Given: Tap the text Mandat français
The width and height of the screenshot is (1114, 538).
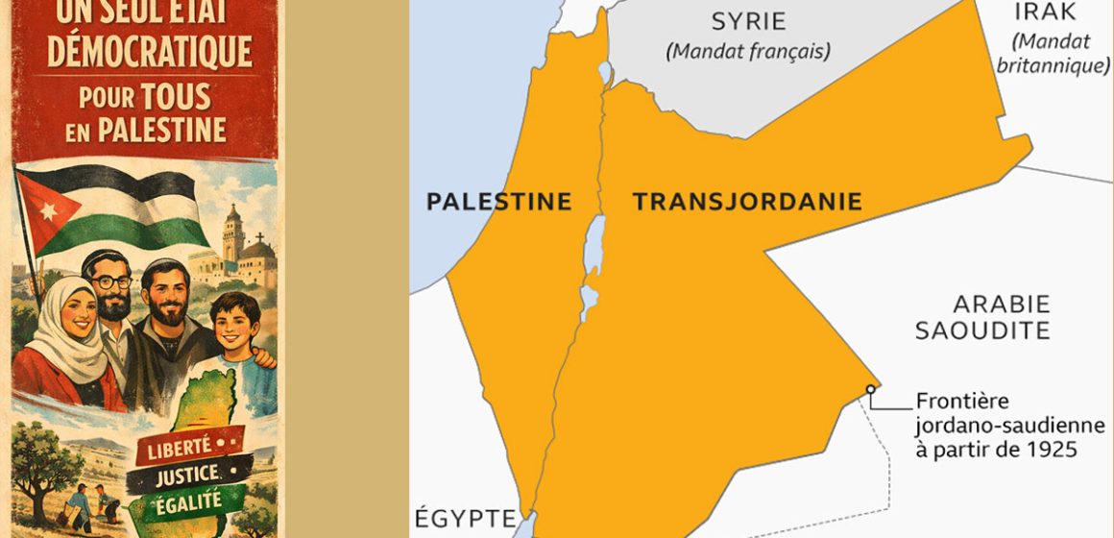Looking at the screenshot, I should click(748, 51).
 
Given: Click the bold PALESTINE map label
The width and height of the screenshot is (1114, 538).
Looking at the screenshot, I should click(499, 202).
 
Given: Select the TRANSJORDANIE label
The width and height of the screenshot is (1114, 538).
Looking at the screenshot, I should click(746, 202).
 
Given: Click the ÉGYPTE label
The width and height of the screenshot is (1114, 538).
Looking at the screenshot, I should click(466, 520).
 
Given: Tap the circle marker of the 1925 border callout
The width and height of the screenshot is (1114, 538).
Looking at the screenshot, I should click(870, 389).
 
